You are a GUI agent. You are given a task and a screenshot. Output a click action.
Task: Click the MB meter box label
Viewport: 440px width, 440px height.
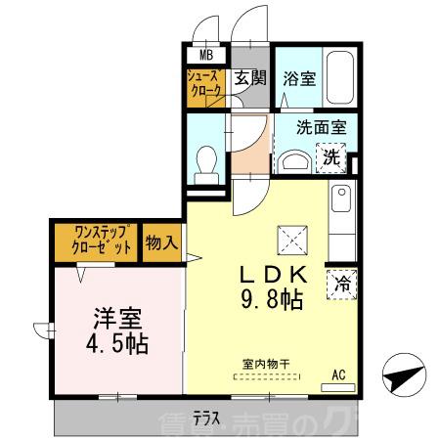pos(207,56)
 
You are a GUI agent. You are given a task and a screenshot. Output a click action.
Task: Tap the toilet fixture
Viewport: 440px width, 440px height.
pos(206,161)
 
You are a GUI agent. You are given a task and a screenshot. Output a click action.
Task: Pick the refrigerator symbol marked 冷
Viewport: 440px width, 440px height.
pos(343,284)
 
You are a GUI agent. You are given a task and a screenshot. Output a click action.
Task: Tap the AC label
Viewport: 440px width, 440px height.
pos(338,373)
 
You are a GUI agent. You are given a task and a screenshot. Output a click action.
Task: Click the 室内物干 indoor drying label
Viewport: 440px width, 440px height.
pos(266,365)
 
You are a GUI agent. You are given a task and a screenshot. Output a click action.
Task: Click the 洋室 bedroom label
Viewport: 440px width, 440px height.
pos(117,319)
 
